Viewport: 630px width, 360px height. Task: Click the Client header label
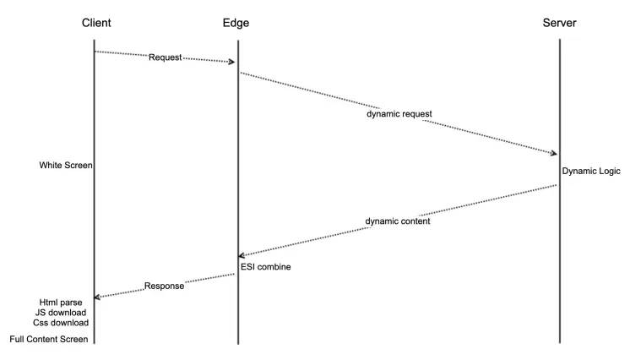96,23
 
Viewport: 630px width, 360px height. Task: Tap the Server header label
559,23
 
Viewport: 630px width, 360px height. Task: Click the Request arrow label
165,57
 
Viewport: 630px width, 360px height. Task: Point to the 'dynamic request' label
399,113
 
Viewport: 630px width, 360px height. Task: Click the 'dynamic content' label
398,221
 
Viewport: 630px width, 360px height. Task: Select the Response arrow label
164,286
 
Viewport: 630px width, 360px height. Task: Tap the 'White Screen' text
65,165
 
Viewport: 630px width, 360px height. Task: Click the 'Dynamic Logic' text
591,171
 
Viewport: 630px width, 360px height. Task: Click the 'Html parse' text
61,302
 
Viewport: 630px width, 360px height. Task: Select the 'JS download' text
61,312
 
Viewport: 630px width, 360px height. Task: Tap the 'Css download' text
61,322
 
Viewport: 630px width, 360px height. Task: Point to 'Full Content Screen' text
49,339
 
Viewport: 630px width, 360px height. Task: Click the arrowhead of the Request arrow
231,62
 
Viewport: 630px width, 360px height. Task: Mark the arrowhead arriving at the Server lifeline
553,153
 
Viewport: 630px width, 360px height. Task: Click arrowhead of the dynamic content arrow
243,255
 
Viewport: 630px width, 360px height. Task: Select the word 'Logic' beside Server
608,171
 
